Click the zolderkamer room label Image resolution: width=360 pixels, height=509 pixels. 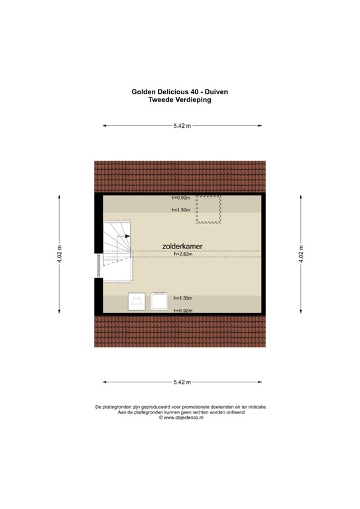[x=182, y=246]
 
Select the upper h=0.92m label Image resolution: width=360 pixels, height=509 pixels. [x=180, y=198]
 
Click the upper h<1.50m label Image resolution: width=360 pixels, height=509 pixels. [x=181, y=209]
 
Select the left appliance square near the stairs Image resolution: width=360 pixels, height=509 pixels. [x=137, y=302]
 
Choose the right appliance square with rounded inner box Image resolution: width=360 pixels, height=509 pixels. [x=159, y=302]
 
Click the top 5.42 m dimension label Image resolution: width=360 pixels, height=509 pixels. [x=181, y=125]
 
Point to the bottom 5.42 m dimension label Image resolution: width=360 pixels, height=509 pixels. [x=181, y=382]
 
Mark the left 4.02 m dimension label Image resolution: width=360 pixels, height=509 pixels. [x=60, y=253]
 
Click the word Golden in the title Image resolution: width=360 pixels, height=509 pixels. [x=146, y=93]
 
